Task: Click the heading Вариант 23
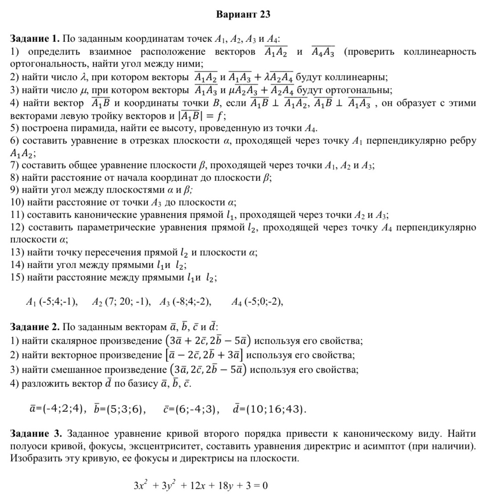coord(243,14)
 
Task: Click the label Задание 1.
coord(35,39)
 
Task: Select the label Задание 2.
coord(35,327)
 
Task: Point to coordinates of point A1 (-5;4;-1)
coord(52,302)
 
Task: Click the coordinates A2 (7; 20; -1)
coord(121,302)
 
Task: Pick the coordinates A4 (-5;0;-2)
coord(257,302)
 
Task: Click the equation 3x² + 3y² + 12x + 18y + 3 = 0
coord(201,485)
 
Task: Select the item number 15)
coord(17,278)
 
